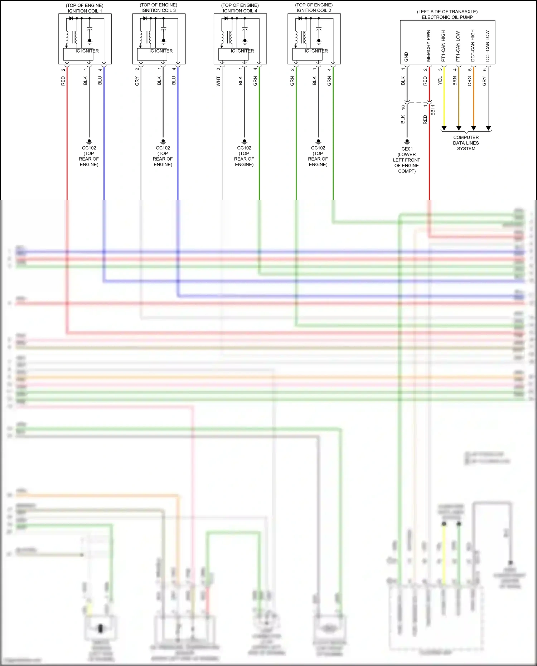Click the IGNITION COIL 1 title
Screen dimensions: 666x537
click(x=85, y=11)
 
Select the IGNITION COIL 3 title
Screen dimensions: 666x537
click(x=159, y=11)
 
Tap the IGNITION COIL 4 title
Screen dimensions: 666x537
click(x=240, y=11)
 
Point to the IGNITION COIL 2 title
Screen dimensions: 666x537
click(x=314, y=11)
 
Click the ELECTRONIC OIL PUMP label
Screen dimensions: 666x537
click(x=447, y=17)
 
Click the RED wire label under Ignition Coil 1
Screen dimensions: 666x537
click(x=63, y=81)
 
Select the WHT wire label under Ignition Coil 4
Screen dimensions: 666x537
click(x=218, y=81)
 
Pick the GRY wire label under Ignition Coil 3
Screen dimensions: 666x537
click(x=137, y=81)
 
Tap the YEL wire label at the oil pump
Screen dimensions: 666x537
click(x=440, y=81)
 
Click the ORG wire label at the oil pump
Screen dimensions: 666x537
click(x=470, y=81)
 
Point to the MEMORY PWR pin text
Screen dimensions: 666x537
click(x=428, y=46)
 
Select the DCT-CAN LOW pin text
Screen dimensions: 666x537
click(x=487, y=46)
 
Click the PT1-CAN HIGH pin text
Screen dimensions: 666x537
click(x=443, y=46)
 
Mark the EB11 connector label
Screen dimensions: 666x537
click(x=433, y=110)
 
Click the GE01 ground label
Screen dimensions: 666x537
click(x=407, y=149)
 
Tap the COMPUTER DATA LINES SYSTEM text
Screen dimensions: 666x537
click(x=466, y=143)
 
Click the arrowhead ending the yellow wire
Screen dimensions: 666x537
click(x=444, y=128)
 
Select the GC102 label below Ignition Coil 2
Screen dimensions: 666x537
click(x=318, y=148)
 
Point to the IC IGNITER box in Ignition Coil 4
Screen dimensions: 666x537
click(x=234, y=54)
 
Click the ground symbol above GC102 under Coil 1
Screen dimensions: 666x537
click(x=89, y=142)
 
